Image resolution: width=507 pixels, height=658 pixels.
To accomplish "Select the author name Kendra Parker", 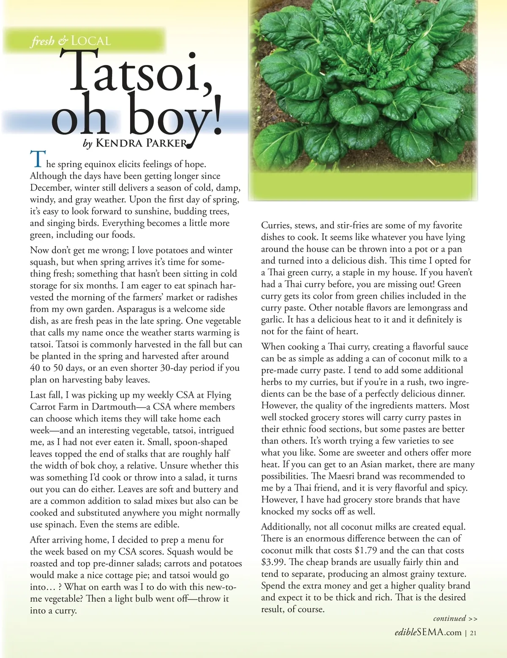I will pyautogui.click(x=142, y=143).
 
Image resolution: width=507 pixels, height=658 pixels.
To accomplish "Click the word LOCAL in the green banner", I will pyautogui.click(x=91, y=41).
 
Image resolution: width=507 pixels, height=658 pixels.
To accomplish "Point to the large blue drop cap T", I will pyautogui.click(x=36, y=159).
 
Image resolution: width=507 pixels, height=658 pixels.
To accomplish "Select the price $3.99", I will pyautogui.click(x=273, y=562).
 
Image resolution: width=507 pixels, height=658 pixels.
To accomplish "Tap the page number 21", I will pyautogui.click(x=473, y=633).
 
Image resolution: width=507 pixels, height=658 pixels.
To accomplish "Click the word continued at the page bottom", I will pyautogui.click(x=450, y=618).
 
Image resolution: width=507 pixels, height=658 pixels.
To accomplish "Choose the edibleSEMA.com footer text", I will pyautogui.click(x=428, y=633).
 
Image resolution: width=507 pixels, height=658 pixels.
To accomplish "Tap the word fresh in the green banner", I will pyautogui.click(x=42, y=41).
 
